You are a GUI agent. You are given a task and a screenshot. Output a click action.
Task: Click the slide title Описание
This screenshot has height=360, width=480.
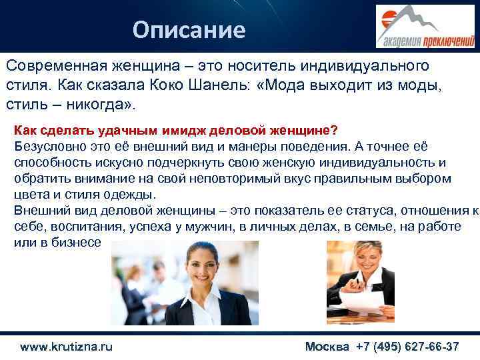click(x=189, y=29)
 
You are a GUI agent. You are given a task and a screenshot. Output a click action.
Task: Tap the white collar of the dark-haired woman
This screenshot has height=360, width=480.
click(x=193, y=303)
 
